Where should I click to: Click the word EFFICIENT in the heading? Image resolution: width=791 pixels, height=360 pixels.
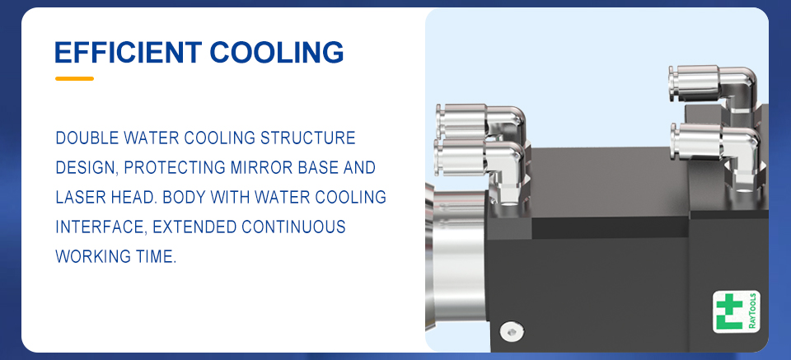tap(129, 52)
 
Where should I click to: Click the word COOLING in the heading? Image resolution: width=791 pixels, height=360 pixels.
tap(277, 52)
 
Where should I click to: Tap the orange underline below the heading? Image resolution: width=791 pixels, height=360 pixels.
tap(75, 78)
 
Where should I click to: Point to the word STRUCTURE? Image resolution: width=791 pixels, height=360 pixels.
tap(307, 138)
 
